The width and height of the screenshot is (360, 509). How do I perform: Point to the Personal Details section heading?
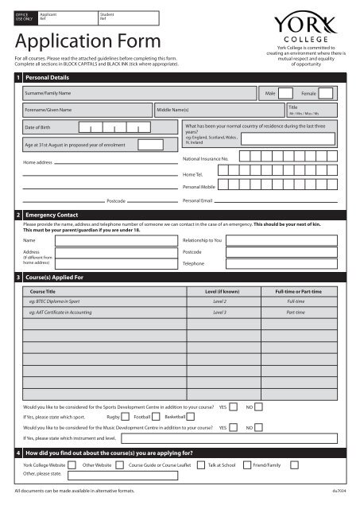[x=49, y=79]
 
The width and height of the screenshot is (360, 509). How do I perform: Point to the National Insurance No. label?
[x=204, y=159]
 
